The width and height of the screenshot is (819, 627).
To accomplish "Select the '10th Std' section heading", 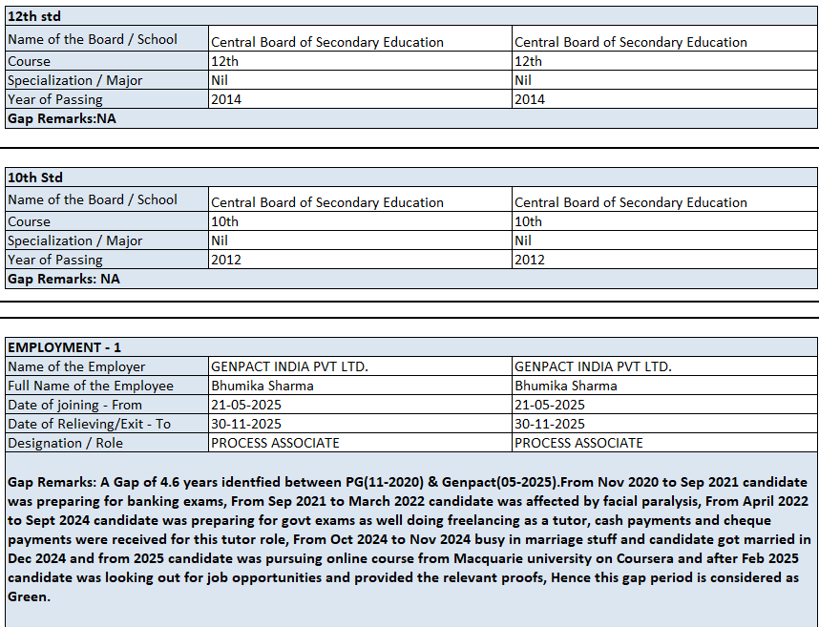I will (35, 177).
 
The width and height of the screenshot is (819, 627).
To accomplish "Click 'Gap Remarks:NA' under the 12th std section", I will (61, 118).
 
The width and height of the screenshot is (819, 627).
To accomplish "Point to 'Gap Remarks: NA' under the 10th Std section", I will (63, 279).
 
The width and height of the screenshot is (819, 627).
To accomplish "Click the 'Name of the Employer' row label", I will (76, 366).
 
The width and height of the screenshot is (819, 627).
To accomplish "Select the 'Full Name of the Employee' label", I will (91, 386).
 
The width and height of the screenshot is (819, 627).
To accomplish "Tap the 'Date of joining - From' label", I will (74, 405).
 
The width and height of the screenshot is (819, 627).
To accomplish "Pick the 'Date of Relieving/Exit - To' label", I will (89, 424).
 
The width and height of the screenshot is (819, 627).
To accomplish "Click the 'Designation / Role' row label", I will (65, 443).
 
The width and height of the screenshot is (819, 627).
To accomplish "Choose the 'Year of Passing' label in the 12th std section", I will (55, 99).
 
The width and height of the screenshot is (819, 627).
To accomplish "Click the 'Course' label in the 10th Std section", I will (29, 221).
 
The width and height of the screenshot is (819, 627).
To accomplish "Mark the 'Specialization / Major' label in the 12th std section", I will (74, 80).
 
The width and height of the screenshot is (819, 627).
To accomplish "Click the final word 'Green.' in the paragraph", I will (29, 596).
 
